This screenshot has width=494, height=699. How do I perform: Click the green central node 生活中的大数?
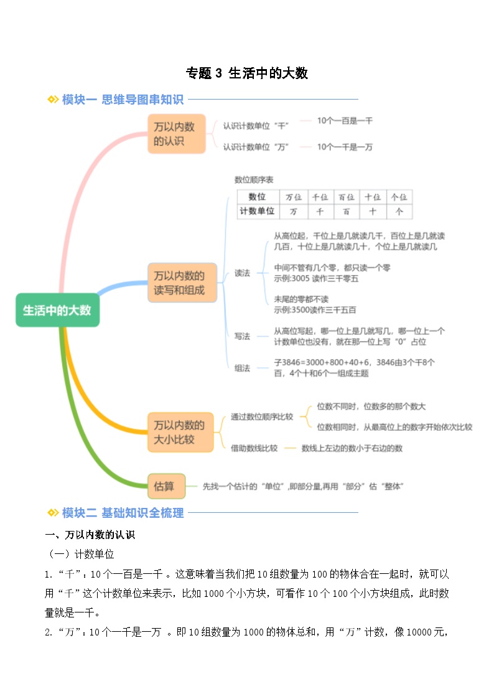(x=57, y=310)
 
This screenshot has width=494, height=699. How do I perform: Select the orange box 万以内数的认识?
(x=176, y=134)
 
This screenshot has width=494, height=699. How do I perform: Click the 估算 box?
(x=164, y=486)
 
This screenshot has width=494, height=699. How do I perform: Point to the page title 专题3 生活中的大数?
(x=247, y=73)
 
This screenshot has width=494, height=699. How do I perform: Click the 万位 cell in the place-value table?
(x=293, y=197)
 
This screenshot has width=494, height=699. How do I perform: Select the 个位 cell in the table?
(x=399, y=197)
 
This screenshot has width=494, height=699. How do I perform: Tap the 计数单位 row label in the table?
(x=256, y=212)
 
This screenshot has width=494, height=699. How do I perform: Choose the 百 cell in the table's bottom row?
(x=346, y=212)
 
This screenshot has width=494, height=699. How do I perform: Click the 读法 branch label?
(x=242, y=273)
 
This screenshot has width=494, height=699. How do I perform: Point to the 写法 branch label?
(x=242, y=336)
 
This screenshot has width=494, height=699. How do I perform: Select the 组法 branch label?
(x=242, y=368)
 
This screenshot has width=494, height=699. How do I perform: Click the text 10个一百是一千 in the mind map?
(x=345, y=121)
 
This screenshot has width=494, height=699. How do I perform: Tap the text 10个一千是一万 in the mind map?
(x=345, y=147)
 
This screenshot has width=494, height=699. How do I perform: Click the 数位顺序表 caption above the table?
(x=254, y=180)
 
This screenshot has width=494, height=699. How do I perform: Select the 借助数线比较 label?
(x=254, y=448)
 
